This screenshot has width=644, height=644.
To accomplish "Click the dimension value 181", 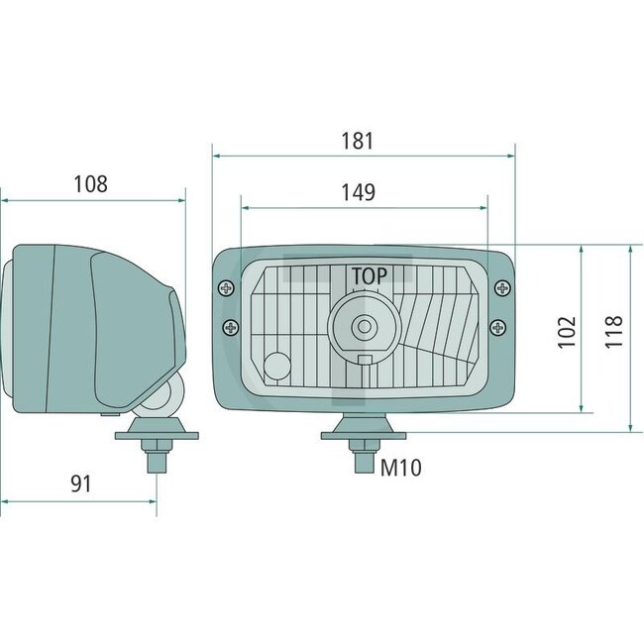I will click(360, 141).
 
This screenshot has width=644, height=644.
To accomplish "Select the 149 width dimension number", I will click(360, 193).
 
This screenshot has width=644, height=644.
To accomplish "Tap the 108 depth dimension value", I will click(90, 183).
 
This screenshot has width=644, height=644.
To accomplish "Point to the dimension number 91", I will click(80, 483).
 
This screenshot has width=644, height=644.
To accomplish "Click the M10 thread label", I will click(401, 468).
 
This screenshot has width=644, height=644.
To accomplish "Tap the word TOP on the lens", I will click(369, 274).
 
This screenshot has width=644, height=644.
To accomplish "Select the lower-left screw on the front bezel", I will click(231, 327).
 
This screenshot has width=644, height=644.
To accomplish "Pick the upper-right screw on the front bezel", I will click(504, 288).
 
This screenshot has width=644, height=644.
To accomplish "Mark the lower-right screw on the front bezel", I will click(501, 327).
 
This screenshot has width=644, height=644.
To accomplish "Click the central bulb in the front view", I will click(366, 325).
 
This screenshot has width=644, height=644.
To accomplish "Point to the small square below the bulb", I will click(365, 362).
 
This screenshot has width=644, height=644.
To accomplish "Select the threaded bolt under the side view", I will click(155, 458).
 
